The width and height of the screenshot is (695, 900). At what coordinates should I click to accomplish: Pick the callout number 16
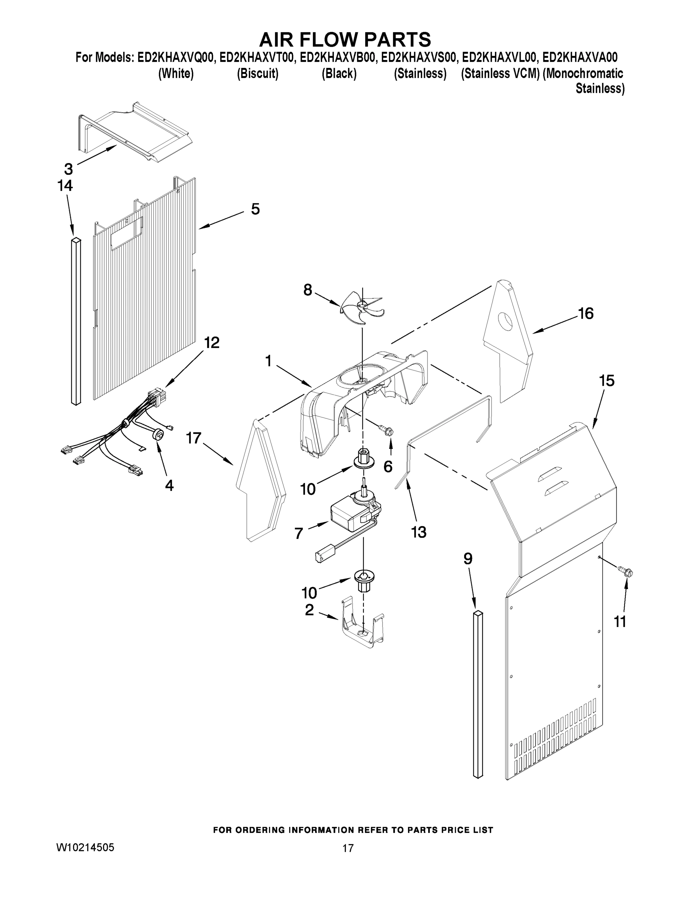(586, 313)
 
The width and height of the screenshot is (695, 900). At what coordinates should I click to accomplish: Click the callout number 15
(607, 380)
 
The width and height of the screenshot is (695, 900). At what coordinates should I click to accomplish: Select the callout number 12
(212, 342)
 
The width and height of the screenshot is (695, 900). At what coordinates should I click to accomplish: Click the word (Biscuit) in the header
(257, 74)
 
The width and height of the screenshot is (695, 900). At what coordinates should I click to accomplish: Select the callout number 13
(418, 532)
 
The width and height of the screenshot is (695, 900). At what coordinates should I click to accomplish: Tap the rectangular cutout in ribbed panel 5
(127, 233)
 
